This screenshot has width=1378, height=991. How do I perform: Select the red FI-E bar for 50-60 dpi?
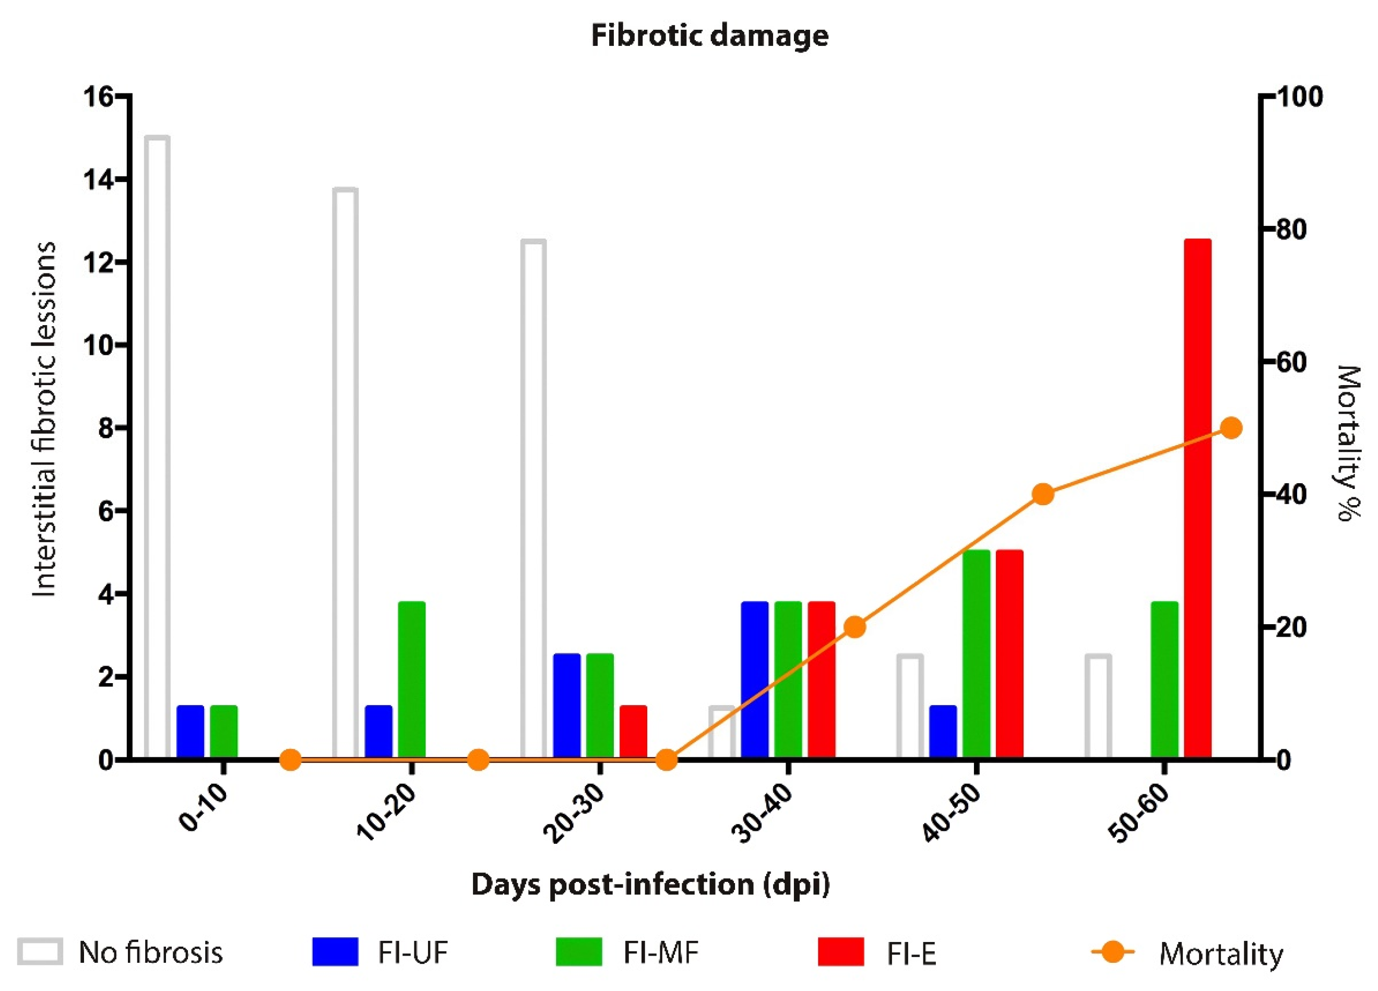point(1197,498)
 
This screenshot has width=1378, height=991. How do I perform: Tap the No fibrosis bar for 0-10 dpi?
point(157,447)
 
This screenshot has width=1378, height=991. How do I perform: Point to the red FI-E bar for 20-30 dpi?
point(633,732)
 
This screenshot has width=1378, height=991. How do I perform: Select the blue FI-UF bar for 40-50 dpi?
point(943,732)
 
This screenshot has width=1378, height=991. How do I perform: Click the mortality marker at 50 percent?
point(1231,428)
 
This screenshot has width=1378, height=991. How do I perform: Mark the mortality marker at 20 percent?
point(855,626)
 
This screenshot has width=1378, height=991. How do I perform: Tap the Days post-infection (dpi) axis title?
point(650,884)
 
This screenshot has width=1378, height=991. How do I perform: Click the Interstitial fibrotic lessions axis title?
point(44,419)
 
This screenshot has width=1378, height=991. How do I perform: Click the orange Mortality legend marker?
point(1112,951)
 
